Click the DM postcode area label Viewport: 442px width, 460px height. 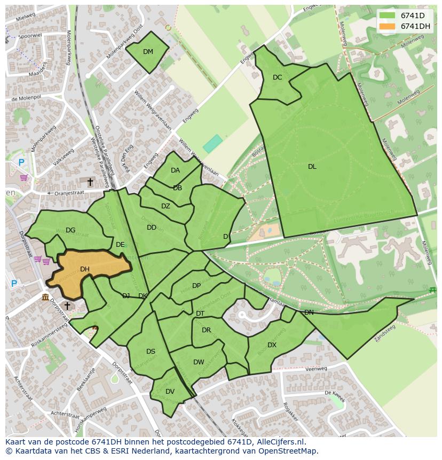(x=148, y=52)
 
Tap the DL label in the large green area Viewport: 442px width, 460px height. (x=312, y=167)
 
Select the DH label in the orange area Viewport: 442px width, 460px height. (x=85, y=269)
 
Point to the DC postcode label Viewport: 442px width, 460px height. (x=277, y=77)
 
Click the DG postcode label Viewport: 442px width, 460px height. (x=70, y=230)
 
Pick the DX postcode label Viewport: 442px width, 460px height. (x=272, y=345)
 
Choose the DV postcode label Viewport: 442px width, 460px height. (x=170, y=392)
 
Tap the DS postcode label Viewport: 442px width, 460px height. (x=151, y=352)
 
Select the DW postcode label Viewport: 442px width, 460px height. (x=199, y=362)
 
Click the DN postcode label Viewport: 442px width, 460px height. (x=309, y=313)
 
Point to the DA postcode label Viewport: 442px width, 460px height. (x=175, y=170)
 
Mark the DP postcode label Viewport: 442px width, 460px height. (x=196, y=286)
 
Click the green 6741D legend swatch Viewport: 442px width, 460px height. (x=387, y=15)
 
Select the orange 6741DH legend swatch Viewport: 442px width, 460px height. (x=387, y=26)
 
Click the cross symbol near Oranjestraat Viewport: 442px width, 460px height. (x=90, y=183)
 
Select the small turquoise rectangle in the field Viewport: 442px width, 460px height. (x=212, y=143)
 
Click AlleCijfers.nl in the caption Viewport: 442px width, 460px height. (x=278, y=442)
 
